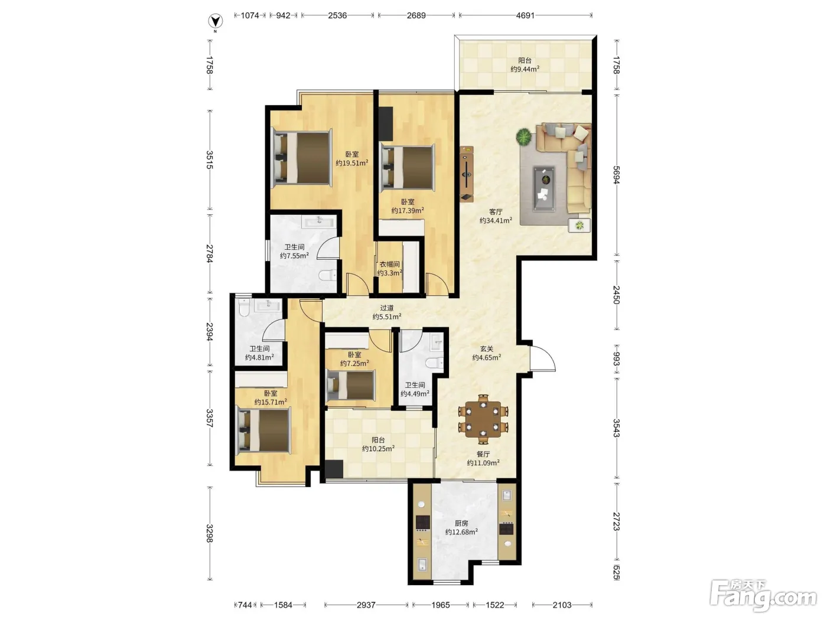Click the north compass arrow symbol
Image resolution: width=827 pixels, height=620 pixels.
pyautogui.click(x=215, y=21)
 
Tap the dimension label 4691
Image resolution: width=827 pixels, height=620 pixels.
pyautogui.click(x=525, y=15)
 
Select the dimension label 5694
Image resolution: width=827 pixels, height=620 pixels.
pyautogui.click(x=616, y=175)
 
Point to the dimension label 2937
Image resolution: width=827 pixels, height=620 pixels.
pyautogui.click(x=366, y=605)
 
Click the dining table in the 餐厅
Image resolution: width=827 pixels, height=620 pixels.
pyautogui.click(x=483, y=419)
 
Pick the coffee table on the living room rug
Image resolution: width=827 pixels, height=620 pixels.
pyautogui.click(x=544, y=188)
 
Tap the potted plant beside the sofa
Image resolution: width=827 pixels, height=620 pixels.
pyautogui.click(x=523, y=136)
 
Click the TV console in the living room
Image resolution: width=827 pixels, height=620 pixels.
pyautogui.click(x=467, y=174)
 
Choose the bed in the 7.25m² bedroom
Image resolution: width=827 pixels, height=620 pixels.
pyautogui.click(x=351, y=385)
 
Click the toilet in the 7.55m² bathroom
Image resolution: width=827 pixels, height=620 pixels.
pyautogui.click(x=328, y=276)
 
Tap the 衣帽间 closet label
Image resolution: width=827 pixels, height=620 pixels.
pyautogui.click(x=389, y=265)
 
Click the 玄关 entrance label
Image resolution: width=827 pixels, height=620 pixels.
pyautogui.click(x=486, y=349)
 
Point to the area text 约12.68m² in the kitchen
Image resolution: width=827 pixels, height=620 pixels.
pyautogui.click(x=461, y=531)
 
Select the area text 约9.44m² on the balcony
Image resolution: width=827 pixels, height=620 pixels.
pyautogui.click(x=525, y=69)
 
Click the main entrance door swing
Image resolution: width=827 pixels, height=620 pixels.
pyautogui.click(x=542, y=358)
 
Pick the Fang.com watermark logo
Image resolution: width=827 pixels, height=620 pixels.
pyautogui.click(x=763, y=596)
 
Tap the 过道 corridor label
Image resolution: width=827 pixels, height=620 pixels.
pyautogui.click(x=386, y=308)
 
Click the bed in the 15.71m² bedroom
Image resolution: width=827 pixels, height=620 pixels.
pyautogui.click(x=263, y=430)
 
